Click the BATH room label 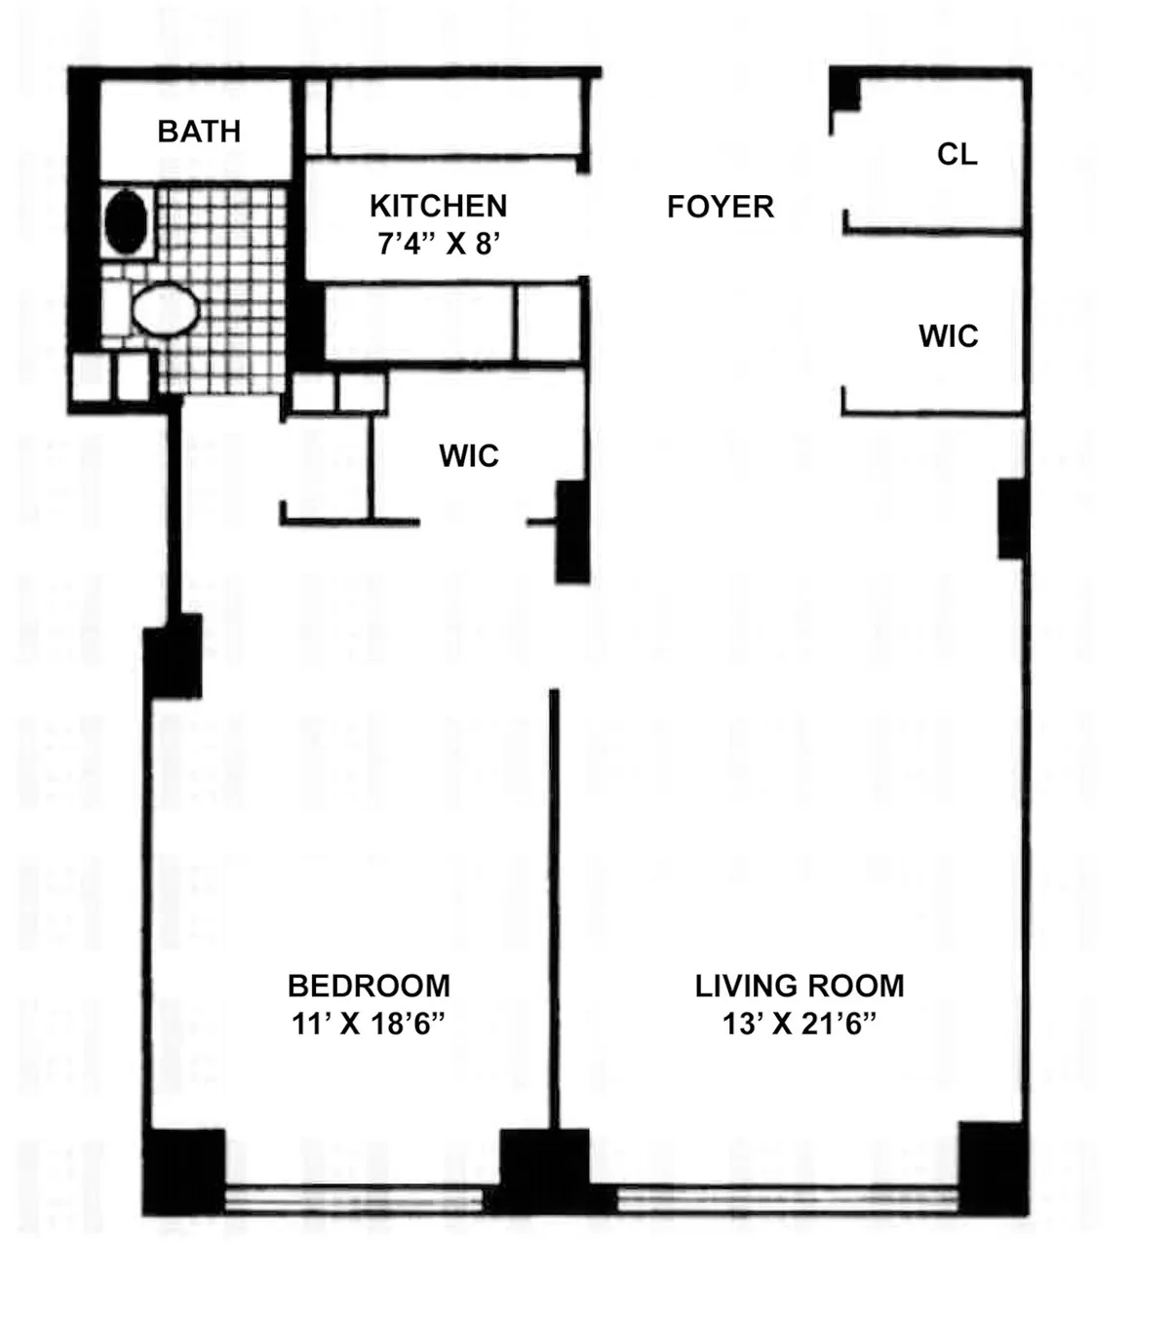[199, 132]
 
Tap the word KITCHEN [438, 207]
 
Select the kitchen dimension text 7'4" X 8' [438, 244]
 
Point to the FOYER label [721, 207]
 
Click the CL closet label [956, 154]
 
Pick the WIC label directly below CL [948, 336]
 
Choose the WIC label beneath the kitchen [469, 455]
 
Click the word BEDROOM [369, 986]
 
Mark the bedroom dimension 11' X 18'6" [369, 1025]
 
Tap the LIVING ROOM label [799, 986]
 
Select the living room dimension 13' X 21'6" [799, 1025]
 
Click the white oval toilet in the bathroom [165, 309]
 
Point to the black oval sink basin [126, 222]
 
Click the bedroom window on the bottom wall [354, 1199]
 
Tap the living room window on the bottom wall [788, 1199]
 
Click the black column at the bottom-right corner [993, 1167]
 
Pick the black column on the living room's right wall [1012, 519]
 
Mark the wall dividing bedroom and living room [554, 907]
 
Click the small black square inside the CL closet [844, 95]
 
